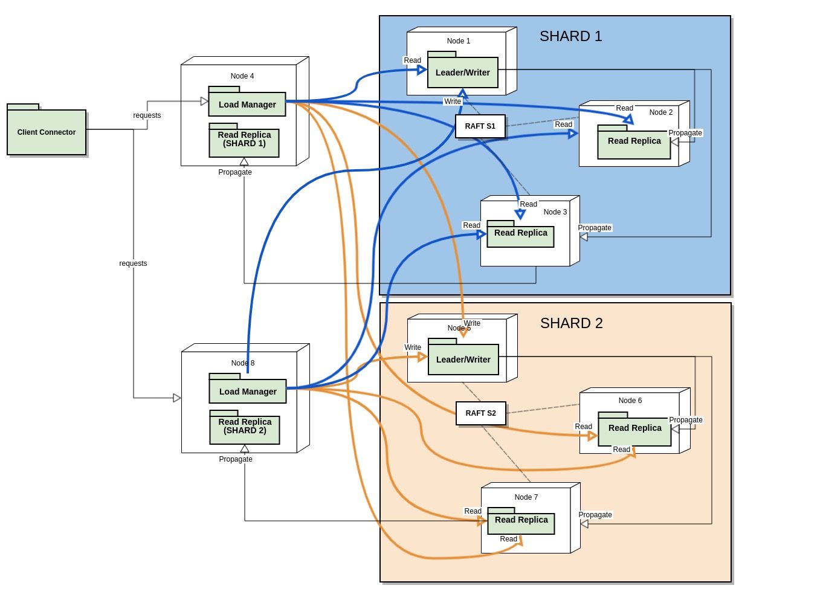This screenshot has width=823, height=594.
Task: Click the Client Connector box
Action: point(47,132)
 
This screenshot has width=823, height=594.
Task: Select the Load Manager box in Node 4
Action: point(247,105)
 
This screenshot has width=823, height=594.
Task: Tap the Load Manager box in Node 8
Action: point(248,392)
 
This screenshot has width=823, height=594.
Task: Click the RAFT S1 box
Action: point(480,126)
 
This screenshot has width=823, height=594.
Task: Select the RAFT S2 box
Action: point(480,413)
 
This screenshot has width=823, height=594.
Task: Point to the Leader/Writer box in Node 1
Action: point(463,73)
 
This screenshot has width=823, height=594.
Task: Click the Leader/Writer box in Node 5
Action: point(463,360)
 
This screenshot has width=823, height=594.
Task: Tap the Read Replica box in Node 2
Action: point(634,141)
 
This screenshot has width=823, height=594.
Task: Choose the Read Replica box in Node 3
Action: point(520,233)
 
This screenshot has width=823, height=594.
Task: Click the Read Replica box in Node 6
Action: point(634,428)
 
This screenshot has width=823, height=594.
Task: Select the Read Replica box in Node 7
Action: point(521,520)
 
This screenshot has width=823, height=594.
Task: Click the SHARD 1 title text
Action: point(570,36)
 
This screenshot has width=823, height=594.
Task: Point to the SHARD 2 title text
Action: point(571,323)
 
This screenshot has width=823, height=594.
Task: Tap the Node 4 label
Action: point(242,76)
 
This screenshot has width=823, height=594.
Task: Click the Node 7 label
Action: point(526,497)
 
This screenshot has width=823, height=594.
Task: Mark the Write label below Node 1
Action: point(453,102)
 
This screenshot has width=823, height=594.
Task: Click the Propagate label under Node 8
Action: point(236,459)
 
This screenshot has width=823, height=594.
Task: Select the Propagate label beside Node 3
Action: point(595,228)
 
